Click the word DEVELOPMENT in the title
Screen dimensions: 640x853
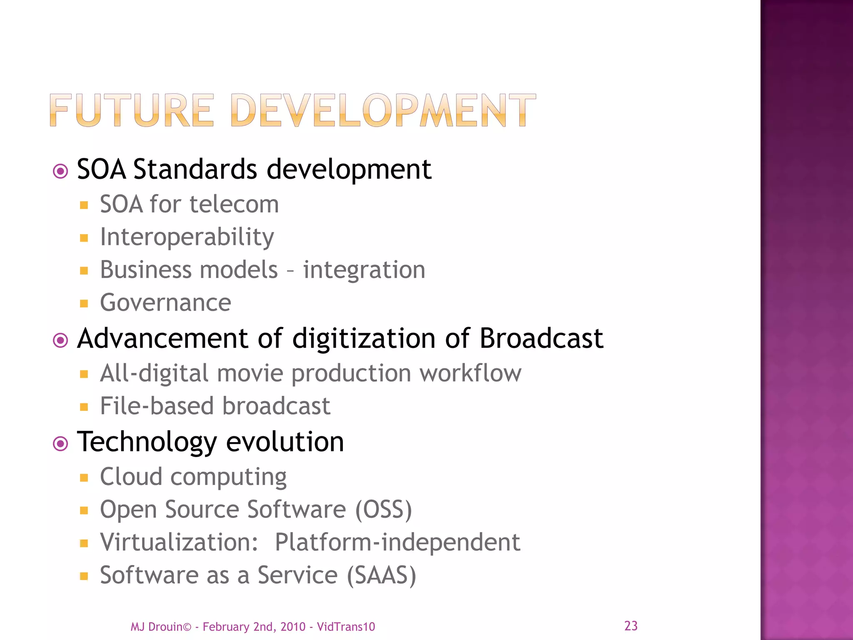coord(382,110)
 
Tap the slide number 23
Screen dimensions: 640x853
coord(631,626)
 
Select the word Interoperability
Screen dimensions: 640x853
coord(187,237)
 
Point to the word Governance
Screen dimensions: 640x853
coord(165,302)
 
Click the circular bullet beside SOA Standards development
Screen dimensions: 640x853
coord(61,171)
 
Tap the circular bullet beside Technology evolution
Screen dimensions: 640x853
coord(61,444)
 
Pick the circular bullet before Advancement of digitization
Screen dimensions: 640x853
coord(61,340)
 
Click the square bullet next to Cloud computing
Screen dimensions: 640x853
coord(84,477)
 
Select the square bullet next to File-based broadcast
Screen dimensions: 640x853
coord(84,407)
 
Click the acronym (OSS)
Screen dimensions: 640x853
coord(383,510)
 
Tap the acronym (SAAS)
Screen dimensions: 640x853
coord(382,575)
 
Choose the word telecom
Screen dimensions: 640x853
coord(234,205)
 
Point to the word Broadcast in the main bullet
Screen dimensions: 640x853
coord(541,338)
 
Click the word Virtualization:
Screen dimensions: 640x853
coord(179,542)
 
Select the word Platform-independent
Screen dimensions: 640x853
coord(397,542)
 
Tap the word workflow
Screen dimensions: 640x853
coord(470,373)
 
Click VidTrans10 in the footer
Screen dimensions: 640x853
coord(346,627)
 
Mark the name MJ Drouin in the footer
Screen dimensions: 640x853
coord(157,627)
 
